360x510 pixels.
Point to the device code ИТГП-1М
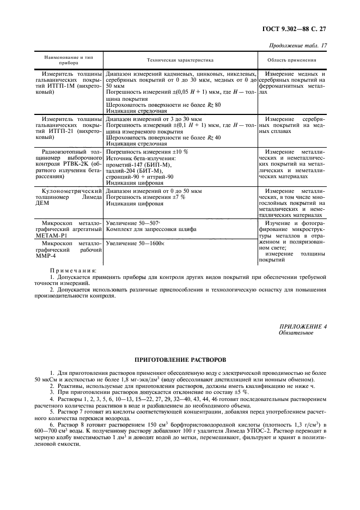point(60,86)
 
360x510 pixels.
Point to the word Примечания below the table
point(73,270)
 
